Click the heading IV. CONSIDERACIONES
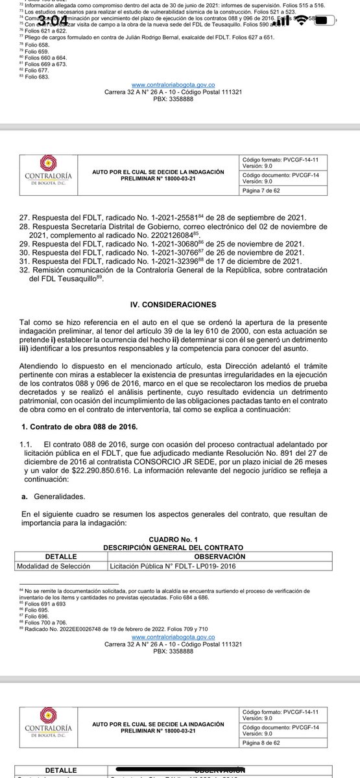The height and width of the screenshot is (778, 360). [x=180, y=303]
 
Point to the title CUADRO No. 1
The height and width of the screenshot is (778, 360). [x=179, y=539]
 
